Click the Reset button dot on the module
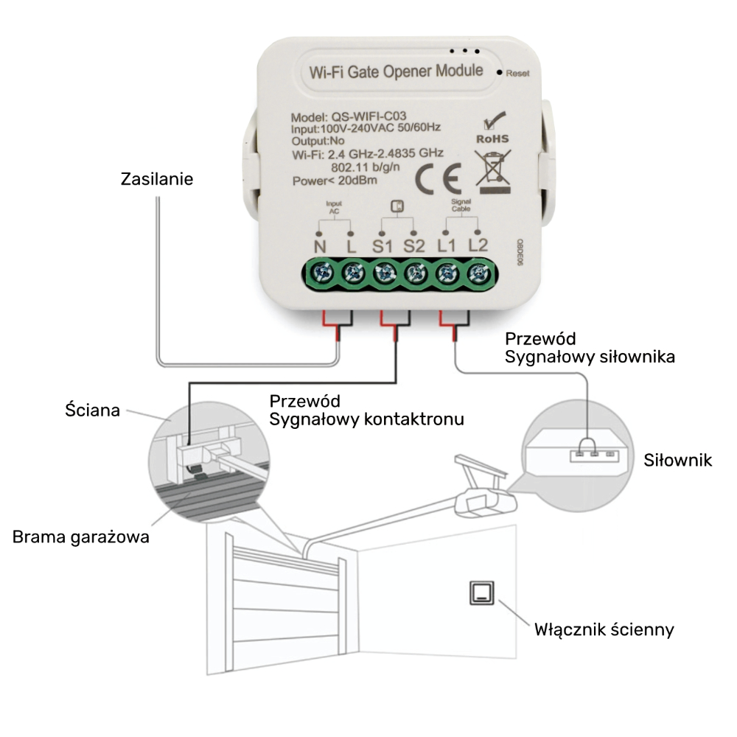coord(500,73)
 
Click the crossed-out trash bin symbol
coord(492,168)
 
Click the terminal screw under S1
coord(383,274)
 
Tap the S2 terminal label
coord(414,245)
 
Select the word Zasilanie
coord(157,179)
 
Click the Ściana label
coord(92,410)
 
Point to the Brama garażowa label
coord(81,537)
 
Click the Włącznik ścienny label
coord(604,629)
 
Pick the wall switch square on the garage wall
coord(482,593)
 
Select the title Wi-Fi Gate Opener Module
coord(397,71)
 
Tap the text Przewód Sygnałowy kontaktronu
coord(366,411)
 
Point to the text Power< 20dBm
coord(335,181)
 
